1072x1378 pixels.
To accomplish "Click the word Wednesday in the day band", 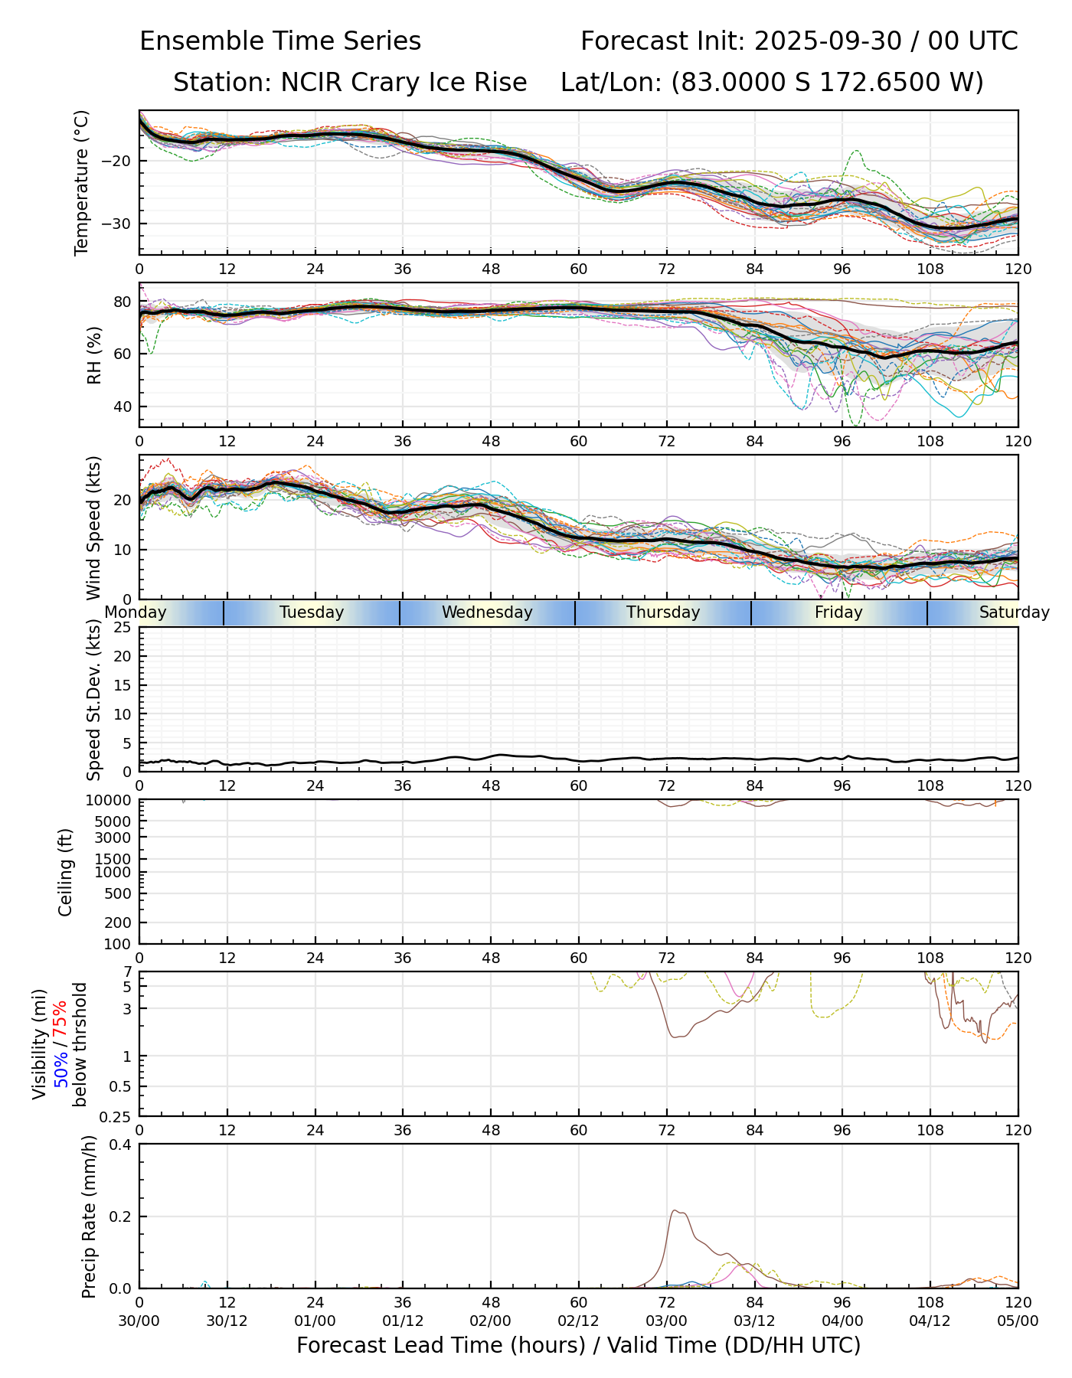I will pos(487,612).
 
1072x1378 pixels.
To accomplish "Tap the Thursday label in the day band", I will pos(663,612).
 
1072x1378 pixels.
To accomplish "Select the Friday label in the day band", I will pos(838,612).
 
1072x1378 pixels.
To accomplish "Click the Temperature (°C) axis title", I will pos(82,182).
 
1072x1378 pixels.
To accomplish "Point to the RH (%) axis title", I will pos(94,354).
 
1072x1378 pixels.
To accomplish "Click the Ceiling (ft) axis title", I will pos(66,872).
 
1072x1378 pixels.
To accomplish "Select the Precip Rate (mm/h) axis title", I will pos(90,1216).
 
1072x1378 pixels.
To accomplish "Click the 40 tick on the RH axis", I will pos(123,407).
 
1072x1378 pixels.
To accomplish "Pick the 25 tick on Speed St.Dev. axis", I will pos(123,628).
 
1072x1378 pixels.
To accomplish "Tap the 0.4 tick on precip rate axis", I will pos(121,1145).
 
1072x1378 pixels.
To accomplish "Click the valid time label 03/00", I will pos(666,1321).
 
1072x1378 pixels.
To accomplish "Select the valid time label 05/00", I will pos(1018,1321).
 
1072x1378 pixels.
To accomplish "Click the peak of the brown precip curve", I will pos(675,1210).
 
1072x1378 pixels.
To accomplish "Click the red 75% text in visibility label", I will pos(60,1022).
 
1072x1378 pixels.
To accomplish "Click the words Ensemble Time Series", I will pos(280,41).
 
